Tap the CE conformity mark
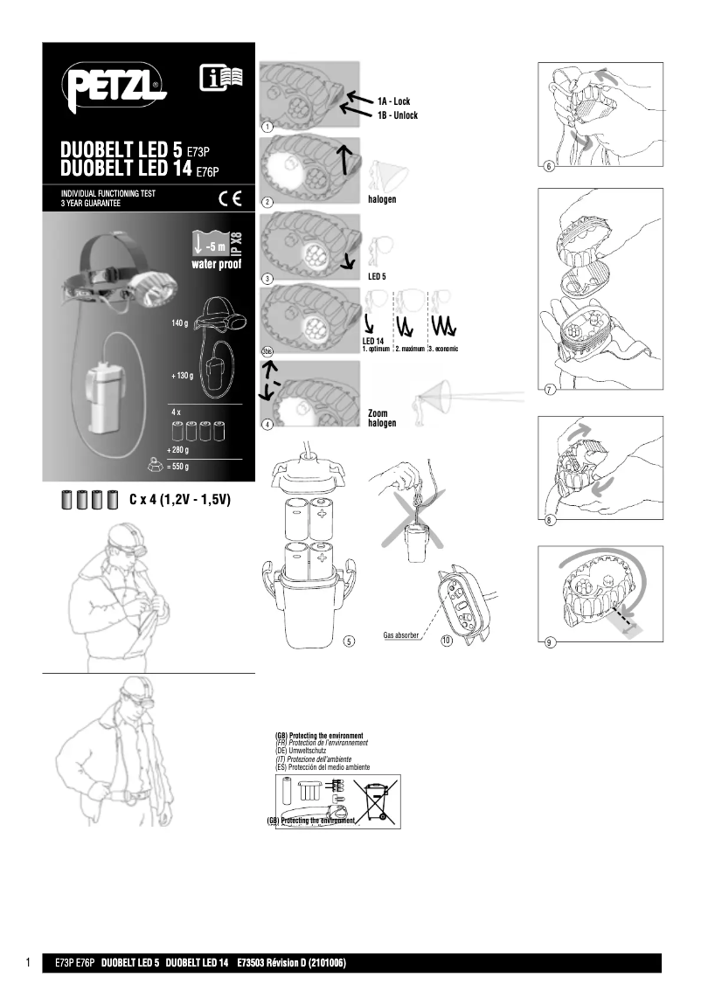[x=230, y=195]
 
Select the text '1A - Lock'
[x=394, y=102]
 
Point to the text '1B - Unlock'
[x=398, y=115]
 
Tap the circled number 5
[x=348, y=641]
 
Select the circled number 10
[x=446, y=641]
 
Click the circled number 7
[x=549, y=390]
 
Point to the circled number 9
[x=549, y=643]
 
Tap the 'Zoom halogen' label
[x=382, y=418]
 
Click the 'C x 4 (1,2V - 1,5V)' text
[x=179, y=501]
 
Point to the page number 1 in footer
[x=29, y=963]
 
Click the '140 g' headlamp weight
[x=180, y=323]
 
